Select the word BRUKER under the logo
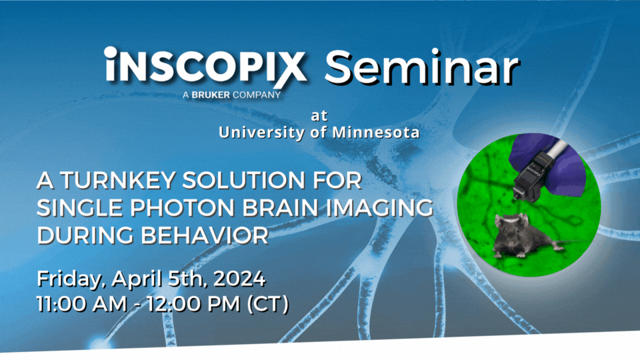point(217,95)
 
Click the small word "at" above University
point(319,116)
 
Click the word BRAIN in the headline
point(287,207)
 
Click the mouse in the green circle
point(519,236)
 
